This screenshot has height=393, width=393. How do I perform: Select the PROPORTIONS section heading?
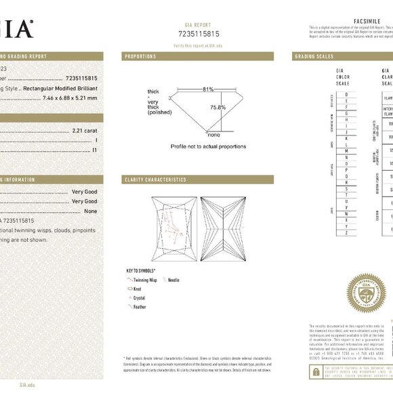pyautogui.click(x=140, y=56)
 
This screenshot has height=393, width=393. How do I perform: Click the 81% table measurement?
pyautogui.click(x=207, y=89)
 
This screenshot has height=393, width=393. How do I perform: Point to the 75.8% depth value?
pyautogui.click(x=218, y=107)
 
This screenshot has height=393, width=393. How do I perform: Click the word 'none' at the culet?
pyautogui.click(x=213, y=135)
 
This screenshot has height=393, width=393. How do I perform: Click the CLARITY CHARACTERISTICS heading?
pyautogui.click(x=154, y=180)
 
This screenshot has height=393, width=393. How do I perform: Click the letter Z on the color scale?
pyautogui.click(x=348, y=232)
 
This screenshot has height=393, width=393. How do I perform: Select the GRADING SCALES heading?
pyautogui.click(x=314, y=56)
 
